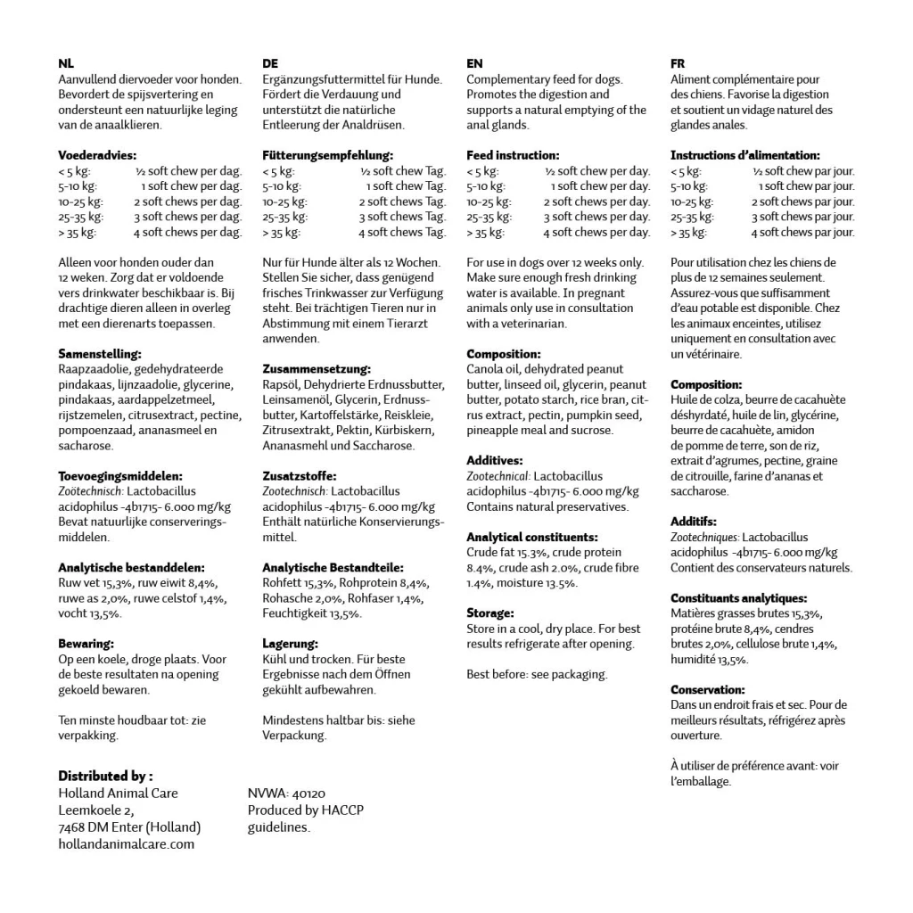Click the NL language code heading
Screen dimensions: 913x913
pos(66,64)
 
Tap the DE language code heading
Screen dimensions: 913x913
pos(270,64)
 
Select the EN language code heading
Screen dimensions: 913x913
pos(474,64)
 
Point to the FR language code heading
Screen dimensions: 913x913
pos(678,64)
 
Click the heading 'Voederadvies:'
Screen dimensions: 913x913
pos(97,155)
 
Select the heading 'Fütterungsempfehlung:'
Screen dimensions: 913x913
pos(327,155)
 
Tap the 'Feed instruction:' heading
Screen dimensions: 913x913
pos(513,155)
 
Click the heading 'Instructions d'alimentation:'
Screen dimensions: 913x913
pos(745,155)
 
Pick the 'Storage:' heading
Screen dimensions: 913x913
pos(490,613)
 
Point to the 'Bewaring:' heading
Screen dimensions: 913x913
pos(86,644)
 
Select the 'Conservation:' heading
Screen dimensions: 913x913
pos(707,690)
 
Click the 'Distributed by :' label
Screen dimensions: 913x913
pos(105,776)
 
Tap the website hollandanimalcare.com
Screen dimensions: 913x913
pos(126,843)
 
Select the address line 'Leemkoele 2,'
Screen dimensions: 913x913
pos(95,810)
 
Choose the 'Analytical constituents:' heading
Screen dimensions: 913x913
pos(532,538)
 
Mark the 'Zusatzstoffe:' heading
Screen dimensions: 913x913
pos(300,476)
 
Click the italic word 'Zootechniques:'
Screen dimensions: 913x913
pos(704,538)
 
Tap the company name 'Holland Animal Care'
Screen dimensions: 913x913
pos(118,793)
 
